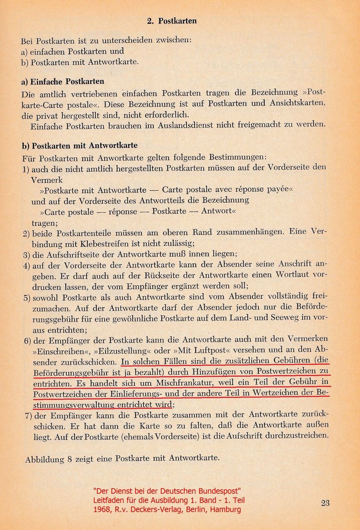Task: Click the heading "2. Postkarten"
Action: click(171, 21)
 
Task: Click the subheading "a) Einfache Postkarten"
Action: click(63, 82)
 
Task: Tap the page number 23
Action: click(326, 503)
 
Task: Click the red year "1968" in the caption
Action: click(101, 509)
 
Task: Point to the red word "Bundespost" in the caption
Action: click(220, 491)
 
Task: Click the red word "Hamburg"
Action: click(227, 509)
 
